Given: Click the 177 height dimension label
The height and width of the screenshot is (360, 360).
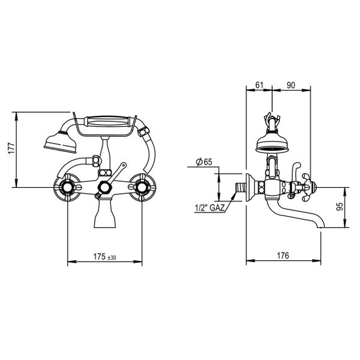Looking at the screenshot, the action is pos(11,148).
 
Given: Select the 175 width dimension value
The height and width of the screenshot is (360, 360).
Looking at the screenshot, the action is pos(100,257).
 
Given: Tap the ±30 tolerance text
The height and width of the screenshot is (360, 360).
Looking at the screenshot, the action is pos(112,258).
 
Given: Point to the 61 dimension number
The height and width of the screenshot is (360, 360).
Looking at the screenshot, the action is pos(259,85).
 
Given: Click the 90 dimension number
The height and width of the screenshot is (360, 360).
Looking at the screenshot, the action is pos(290,85).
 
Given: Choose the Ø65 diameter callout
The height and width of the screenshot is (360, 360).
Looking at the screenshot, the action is pos(204,162).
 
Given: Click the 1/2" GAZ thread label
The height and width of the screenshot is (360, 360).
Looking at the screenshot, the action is pos(209,208).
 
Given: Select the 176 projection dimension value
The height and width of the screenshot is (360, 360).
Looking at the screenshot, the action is pos(283,256).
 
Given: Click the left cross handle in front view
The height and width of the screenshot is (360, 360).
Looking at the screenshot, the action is pos(67,187).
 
